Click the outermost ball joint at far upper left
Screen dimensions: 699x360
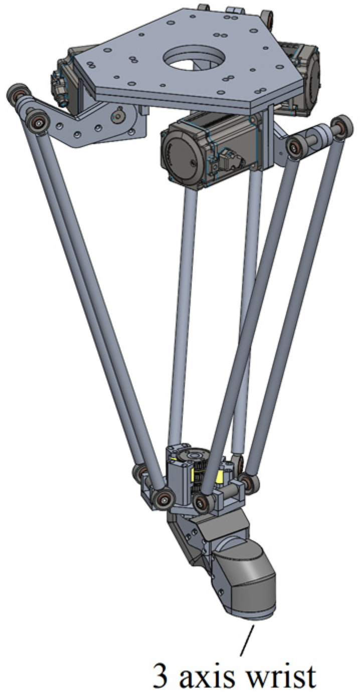17,93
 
